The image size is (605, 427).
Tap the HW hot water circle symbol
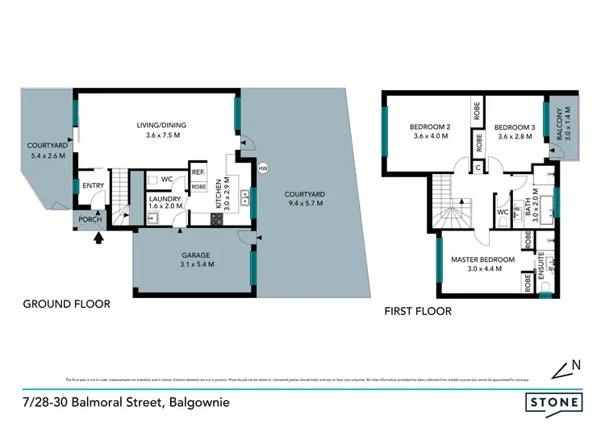[263, 168]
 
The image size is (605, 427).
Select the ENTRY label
[94, 184]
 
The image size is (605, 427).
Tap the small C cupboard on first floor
[478, 168]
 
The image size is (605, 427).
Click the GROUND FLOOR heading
[66, 304]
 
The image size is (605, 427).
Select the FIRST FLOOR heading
[417, 311]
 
